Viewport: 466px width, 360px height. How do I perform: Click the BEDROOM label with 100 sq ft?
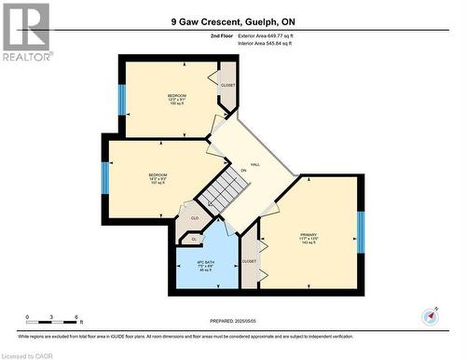[x=177, y=100]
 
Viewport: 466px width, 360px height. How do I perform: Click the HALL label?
[x=254, y=164]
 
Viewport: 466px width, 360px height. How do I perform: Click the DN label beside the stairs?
[x=243, y=170]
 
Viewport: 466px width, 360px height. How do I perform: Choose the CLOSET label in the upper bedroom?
[x=228, y=86]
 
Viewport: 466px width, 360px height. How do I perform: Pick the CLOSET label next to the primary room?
[x=249, y=261]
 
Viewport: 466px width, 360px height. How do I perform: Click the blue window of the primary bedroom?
[x=361, y=232]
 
